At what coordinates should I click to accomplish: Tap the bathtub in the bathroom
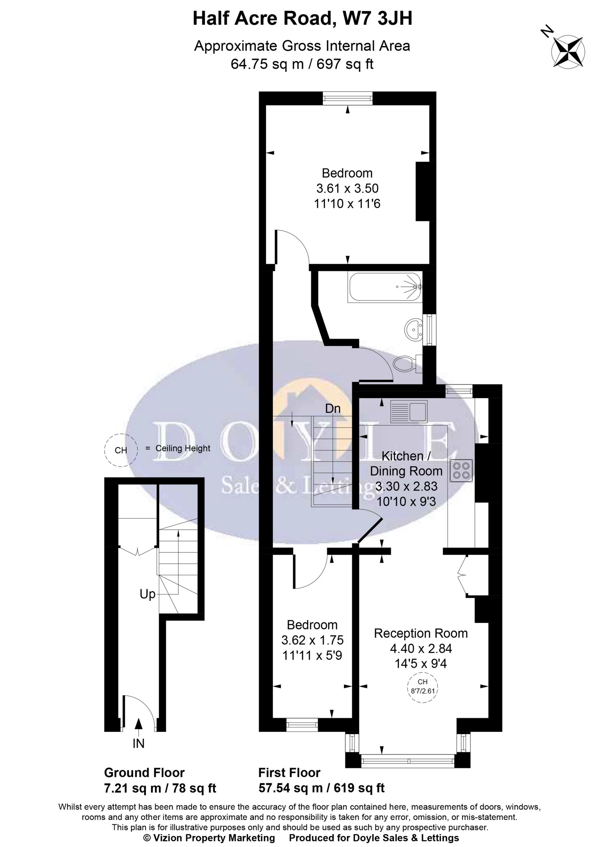click(x=385, y=287)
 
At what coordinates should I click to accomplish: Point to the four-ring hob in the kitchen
click(x=461, y=471)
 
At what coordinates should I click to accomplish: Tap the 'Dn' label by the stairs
click(x=332, y=409)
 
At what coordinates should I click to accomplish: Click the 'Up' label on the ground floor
click(x=148, y=594)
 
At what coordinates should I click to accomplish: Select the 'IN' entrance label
click(x=139, y=744)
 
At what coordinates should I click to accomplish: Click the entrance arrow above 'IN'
click(x=139, y=724)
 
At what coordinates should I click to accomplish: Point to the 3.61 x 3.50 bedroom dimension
click(x=347, y=188)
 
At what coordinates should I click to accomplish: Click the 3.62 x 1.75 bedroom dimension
click(x=312, y=640)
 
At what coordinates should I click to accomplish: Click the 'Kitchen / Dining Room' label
click(x=406, y=464)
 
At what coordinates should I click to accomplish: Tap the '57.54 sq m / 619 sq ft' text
click(x=321, y=788)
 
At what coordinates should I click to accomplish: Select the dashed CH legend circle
click(x=121, y=450)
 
